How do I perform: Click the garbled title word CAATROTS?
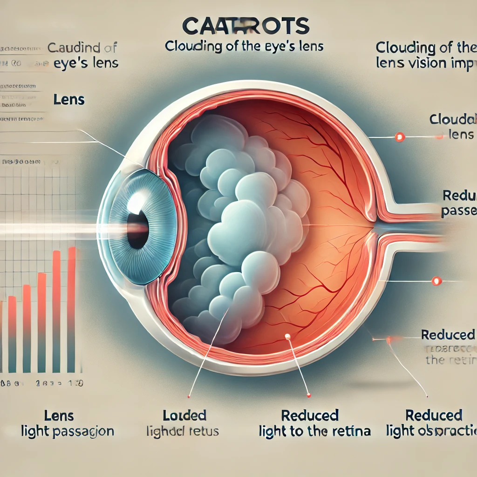246,27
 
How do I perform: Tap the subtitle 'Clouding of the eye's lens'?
244,47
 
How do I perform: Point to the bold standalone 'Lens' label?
69,99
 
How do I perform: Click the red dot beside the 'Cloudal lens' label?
399,137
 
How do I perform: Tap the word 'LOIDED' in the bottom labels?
184,416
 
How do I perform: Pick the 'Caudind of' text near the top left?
82,48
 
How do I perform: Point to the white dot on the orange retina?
287,336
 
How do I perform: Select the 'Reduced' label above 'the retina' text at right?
447,334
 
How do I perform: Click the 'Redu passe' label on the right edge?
458,204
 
